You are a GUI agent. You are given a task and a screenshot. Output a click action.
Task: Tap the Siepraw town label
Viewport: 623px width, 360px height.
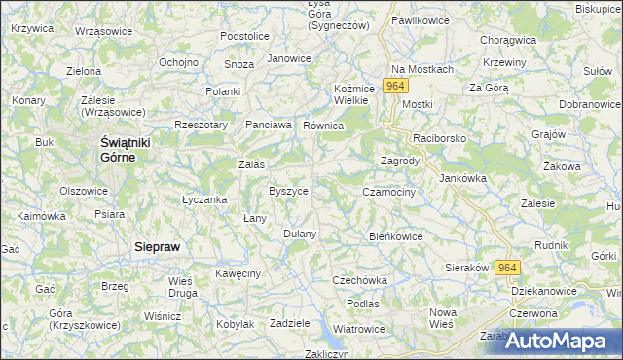coord(156,247)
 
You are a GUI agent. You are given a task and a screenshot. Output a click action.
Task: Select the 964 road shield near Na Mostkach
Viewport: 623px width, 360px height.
coord(394,87)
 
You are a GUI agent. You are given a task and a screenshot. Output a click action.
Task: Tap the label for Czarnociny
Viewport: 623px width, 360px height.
coord(389,193)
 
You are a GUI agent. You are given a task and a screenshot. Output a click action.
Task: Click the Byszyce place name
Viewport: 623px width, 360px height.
coord(288,191)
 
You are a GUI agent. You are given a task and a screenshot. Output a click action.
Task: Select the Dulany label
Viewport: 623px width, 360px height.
coord(300,234)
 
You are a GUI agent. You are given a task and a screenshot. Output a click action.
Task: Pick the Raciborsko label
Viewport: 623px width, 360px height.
coord(440,139)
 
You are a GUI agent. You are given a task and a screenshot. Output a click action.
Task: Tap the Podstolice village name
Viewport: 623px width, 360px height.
coord(244,36)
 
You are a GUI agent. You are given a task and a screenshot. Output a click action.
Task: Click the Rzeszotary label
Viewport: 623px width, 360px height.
coord(201,125)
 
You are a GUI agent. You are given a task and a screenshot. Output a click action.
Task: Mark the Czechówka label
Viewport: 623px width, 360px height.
coord(360,280)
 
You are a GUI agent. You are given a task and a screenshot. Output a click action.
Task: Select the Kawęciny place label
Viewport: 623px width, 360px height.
coord(238,274)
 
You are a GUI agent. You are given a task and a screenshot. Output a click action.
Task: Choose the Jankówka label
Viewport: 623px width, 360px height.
coord(462,178)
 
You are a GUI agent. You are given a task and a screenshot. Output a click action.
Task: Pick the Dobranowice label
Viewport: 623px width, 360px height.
coord(590,103)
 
